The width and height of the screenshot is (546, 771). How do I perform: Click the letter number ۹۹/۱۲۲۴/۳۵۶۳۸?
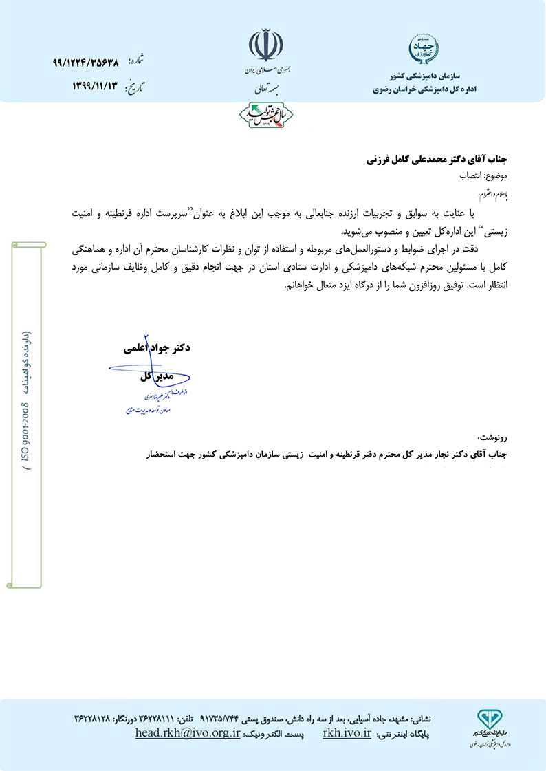(x=85, y=62)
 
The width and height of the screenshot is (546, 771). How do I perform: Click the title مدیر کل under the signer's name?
(x=155, y=377)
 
